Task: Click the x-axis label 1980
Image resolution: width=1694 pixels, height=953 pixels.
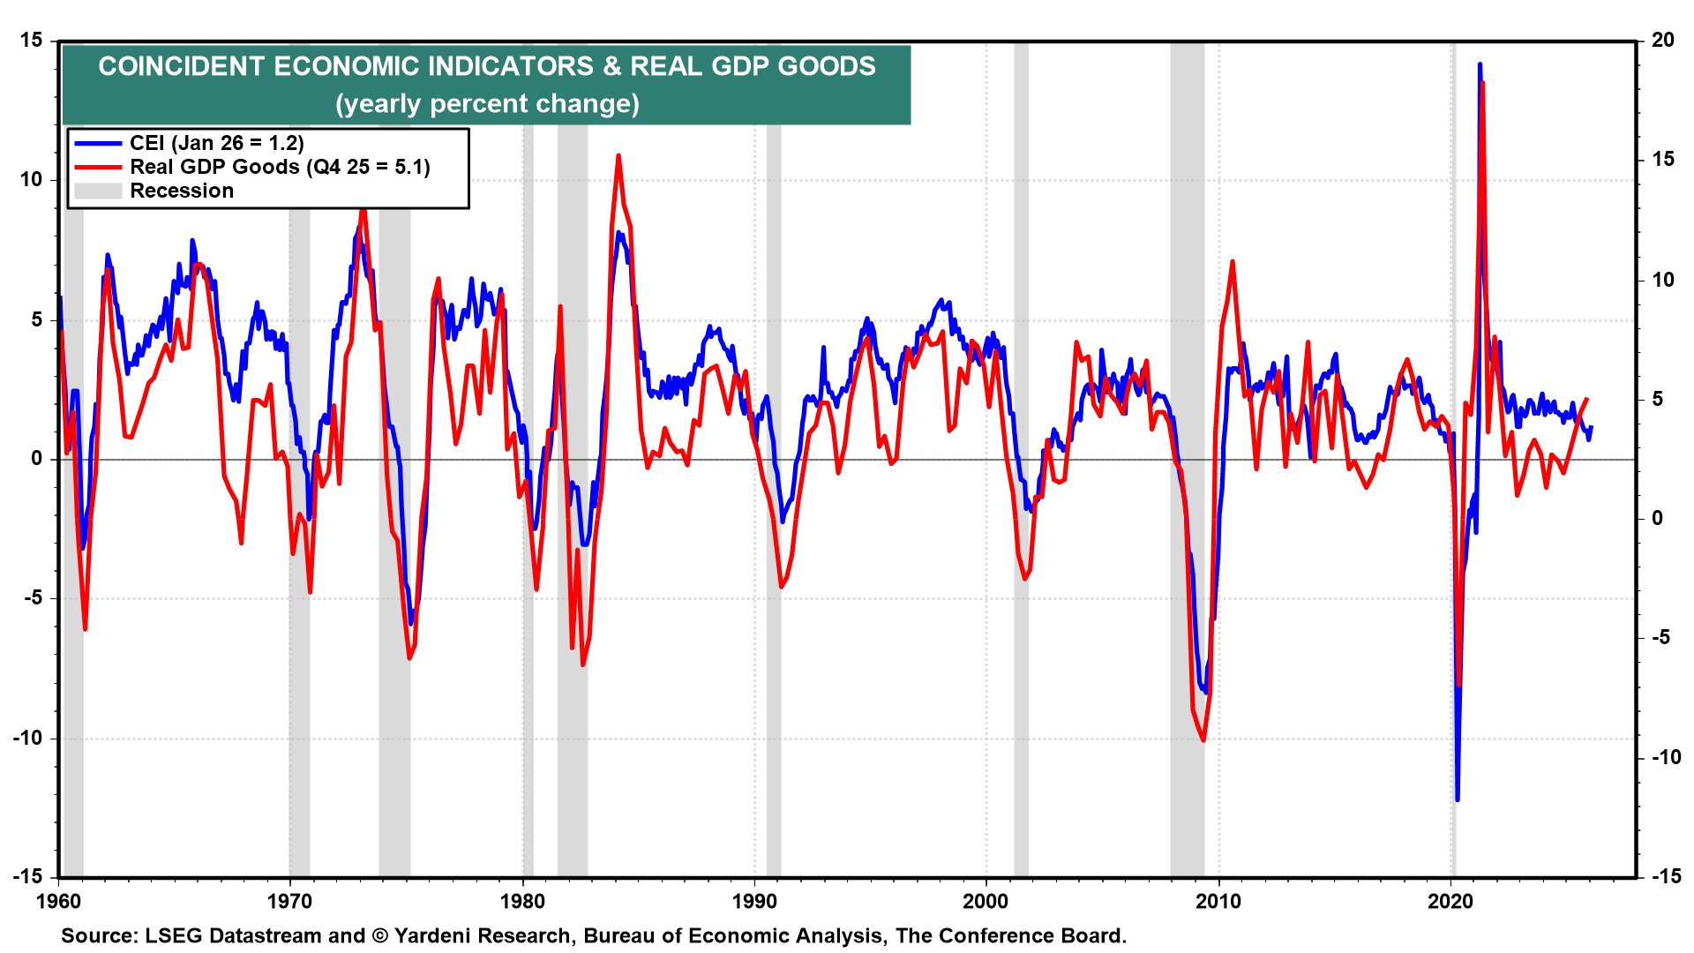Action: (x=522, y=902)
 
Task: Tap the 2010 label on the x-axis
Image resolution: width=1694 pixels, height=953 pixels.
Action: (x=1218, y=902)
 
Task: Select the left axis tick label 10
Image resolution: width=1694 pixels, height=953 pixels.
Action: (x=31, y=180)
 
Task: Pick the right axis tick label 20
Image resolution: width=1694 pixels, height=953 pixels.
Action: (x=1663, y=41)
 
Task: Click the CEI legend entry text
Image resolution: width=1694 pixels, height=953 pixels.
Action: (x=216, y=143)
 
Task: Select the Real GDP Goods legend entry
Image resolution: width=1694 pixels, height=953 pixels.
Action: (x=280, y=167)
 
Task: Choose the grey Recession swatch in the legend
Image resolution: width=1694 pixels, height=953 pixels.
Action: (x=98, y=191)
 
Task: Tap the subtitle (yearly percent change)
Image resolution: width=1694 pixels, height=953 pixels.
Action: (x=487, y=104)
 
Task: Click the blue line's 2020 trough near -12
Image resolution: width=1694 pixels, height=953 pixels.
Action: (x=1458, y=799)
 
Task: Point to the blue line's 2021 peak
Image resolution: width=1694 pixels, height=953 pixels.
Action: (x=1480, y=64)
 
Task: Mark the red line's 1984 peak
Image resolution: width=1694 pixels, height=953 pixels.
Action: (x=618, y=156)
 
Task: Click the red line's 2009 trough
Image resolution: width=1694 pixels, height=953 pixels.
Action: (x=1203, y=739)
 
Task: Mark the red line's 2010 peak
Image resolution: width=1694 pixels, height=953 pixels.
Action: (x=1233, y=262)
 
